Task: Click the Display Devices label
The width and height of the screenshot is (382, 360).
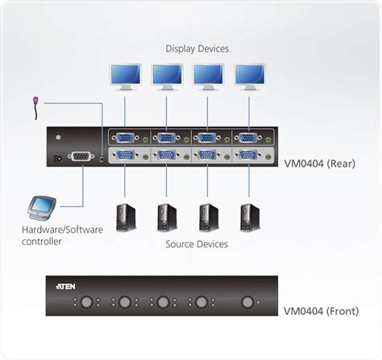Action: point(197,48)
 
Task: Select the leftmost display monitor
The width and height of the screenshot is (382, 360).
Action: point(125,76)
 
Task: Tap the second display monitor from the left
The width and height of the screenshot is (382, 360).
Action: point(167,76)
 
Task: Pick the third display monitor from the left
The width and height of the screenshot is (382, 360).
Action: point(208,76)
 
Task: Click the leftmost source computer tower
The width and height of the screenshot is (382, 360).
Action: point(125,217)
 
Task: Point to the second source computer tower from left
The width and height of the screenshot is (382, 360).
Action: point(167,217)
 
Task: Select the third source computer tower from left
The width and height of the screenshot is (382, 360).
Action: point(208,217)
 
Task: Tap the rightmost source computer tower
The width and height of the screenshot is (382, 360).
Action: point(249,217)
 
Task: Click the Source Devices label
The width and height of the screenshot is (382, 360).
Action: point(197,243)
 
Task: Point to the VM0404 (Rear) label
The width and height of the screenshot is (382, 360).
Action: point(320,163)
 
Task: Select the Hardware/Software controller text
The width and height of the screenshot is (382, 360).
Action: point(61,235)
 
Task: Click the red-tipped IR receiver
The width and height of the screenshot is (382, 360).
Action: point(35,103)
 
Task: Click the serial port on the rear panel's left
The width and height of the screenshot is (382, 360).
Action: point(82,158)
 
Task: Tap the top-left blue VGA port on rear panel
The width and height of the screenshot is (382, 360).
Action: point(125,138)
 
